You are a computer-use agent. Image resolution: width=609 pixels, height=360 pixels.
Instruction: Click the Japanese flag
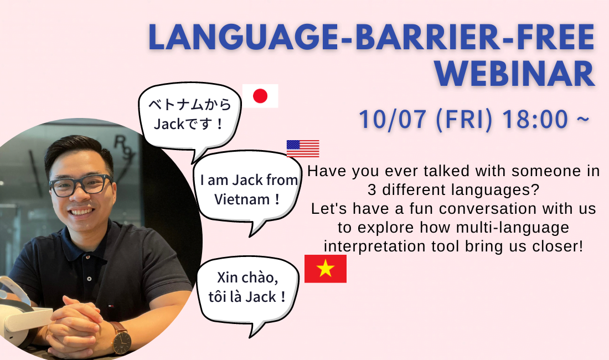pyautogui.click(x=260, y=96)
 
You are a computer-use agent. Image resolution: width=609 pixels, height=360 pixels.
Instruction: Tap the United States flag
pyautogui.click(x=303, y=148)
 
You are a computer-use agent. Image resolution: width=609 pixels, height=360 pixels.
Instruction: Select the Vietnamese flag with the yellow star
pyautogui.click(x=326, y=269)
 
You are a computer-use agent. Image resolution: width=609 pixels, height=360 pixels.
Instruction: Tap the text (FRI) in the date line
pyautogui.click(x=464, y=120)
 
